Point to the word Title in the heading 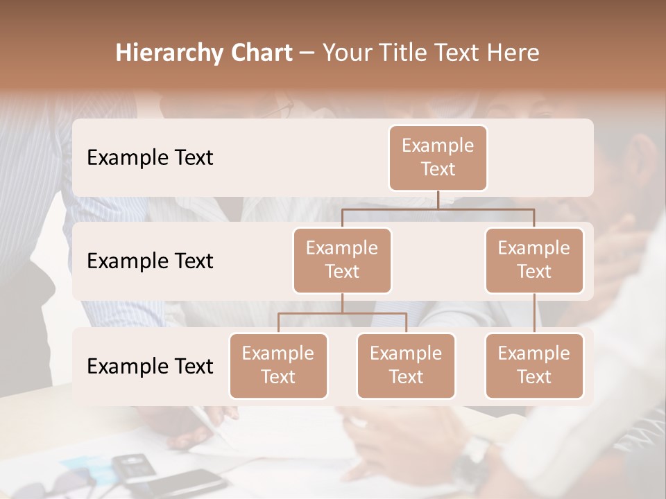click(x=411, y=53)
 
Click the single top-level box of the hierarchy click(x=438, y=158)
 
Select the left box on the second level click(x=342, y=261)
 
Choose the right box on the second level click(x=534, y=261)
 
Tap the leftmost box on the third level click(x=278, y=366)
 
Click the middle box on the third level click(x=406, y=366)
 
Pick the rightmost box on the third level click(x=534, y=366)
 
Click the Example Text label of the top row click(x=150, y=158)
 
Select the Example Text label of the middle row click(x=150, y=261)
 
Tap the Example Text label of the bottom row click(x=150, y=366)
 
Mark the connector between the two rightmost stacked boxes click(x=534, y=313)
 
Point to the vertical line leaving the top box click(x=438, y=200)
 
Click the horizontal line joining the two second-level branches click(x=438, y=209)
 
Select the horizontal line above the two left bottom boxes click(x=342, y=313)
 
